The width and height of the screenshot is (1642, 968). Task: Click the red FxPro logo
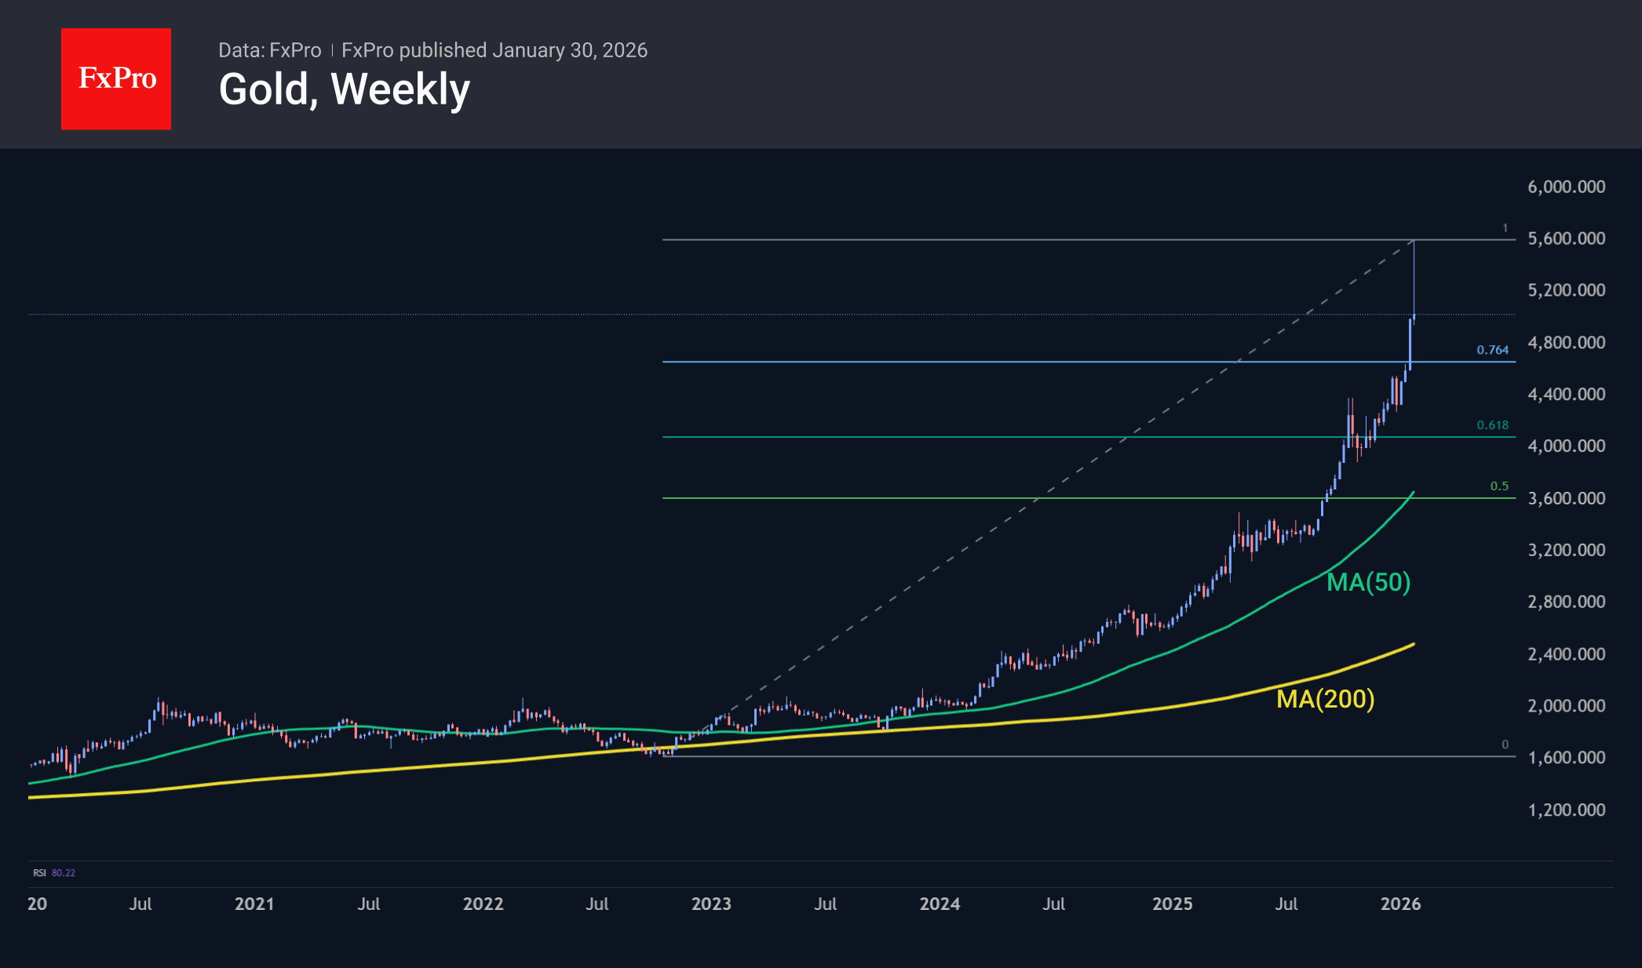pos(116,78)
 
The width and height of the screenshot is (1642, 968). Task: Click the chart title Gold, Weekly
pos(344,89)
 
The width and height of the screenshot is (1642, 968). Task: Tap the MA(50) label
pos(1368,582)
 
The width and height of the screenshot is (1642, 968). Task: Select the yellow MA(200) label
pos(1325,698)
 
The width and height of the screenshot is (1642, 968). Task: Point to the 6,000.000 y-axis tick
pos(1566,187)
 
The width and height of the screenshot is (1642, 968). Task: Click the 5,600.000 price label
pos(1566,238)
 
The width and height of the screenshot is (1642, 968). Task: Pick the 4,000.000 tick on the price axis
pos(1566,446)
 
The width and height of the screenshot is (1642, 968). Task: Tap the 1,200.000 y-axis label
pos(1566,810)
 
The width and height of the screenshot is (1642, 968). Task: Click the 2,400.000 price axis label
pos(1566,653)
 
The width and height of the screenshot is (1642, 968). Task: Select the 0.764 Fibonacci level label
pos(1492,350)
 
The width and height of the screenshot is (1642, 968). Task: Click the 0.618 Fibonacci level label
pos(1492,425)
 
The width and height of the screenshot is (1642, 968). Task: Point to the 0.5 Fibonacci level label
pos(1499,486)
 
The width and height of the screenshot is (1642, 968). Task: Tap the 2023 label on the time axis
pos(711,904)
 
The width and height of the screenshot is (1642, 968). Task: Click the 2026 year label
pos(1400,904)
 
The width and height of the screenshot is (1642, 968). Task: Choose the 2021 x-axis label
pos(254,904)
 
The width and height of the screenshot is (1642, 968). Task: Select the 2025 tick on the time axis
pos(1172,904)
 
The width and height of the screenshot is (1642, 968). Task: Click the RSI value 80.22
pos(64,873)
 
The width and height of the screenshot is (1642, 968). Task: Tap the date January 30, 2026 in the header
pos(570,50)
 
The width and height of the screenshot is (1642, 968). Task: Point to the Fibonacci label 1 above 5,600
pos(1505,228)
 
